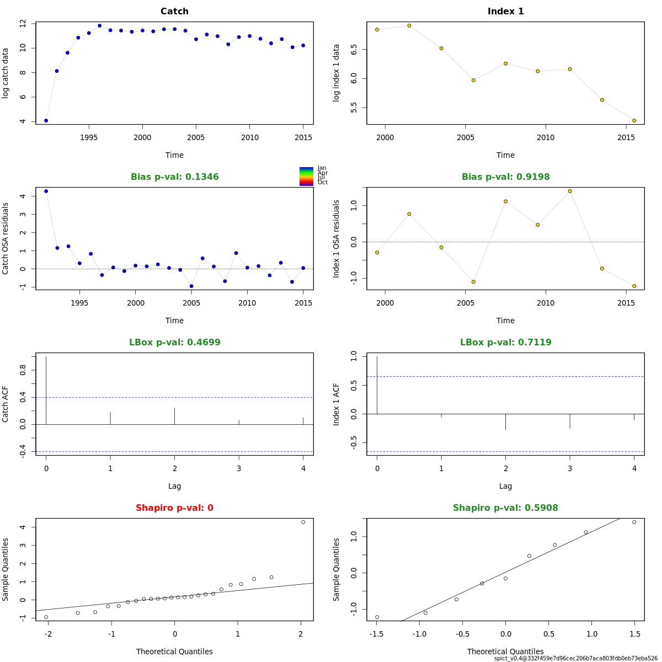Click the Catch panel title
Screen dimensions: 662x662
click(174, 12)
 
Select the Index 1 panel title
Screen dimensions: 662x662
click(505, 12)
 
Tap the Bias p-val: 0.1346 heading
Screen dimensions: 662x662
click(174, 177)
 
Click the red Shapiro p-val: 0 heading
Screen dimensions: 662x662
click(174, 508)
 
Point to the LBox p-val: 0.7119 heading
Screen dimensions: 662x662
click(505, 343)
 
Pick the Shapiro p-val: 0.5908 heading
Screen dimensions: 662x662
click(505, 508)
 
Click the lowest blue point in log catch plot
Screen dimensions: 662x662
click(46, 120)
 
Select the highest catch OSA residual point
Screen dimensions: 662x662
click(46, 191)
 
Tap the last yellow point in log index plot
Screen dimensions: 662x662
click(634, 120)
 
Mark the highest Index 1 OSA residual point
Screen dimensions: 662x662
click(570, 191)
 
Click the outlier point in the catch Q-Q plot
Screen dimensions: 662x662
click(303, 522)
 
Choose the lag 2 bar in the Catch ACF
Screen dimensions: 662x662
click(174, 416)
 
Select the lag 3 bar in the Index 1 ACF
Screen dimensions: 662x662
click(570, 421)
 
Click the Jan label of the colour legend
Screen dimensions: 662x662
click(322, 168)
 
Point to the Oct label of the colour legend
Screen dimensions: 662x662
click(322, 183)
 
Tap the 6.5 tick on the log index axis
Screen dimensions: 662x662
click(354, 50)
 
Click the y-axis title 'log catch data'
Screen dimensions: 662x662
click(6, 73)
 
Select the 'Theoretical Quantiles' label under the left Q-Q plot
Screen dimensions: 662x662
click(174, 652)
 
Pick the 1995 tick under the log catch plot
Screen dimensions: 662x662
click(89, 137)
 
